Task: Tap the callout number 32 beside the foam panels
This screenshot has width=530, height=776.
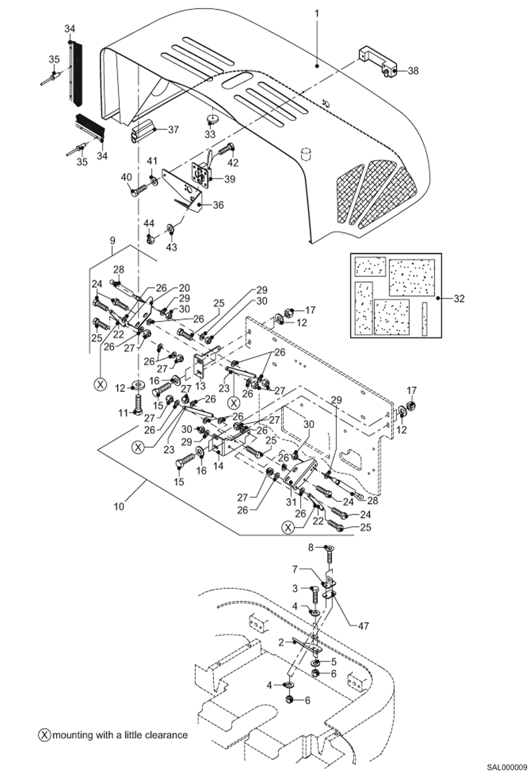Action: tap(459, 299)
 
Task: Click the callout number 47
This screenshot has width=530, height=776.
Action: tap(363, 626)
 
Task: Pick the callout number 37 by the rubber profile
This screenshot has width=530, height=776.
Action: tap(173, 130)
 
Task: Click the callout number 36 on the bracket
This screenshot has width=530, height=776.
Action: tap(218, 205)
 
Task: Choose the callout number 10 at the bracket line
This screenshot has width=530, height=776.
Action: tap(119, 506)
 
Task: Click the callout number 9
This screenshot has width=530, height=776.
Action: tap(112, 241)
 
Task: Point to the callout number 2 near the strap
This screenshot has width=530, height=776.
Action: tap(281, 642)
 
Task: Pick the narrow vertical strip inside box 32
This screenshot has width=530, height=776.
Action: tap(424, 318)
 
